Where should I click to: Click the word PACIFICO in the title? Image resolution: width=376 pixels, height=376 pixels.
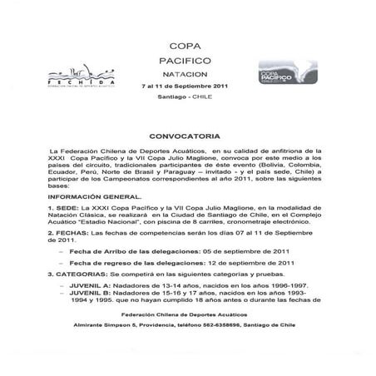pos(188,62)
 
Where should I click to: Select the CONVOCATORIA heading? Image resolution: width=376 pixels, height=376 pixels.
pos(188,133)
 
